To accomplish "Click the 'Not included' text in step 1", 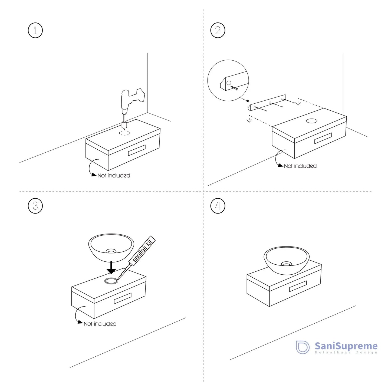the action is (114, 176).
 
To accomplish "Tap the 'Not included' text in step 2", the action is (300, 166).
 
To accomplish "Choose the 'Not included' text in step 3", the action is (100, 324).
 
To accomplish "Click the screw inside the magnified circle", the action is (234, 88).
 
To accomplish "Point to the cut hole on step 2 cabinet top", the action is (311, 121).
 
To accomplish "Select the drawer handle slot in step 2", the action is (323, 138).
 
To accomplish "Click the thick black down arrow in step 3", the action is (111, 267).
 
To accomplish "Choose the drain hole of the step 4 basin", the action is (286, 264).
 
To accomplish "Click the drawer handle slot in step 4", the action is (298, 286).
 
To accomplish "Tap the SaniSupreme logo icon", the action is (303, 347).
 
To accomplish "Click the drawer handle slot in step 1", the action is (137, 150).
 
